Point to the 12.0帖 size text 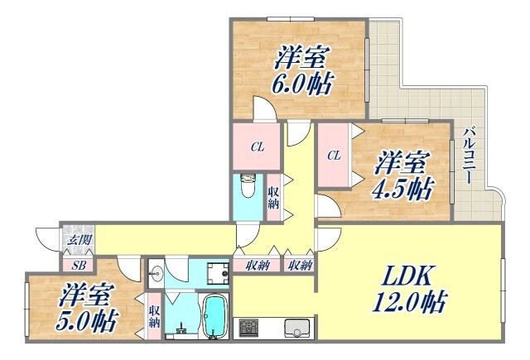[x=409, y=304]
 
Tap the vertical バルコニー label [x=468, y=155]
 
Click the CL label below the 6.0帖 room [x=258, y=147]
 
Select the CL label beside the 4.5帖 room [x=334, y=155]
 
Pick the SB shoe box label [x=79, y=265]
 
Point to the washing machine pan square [x=217, y=272]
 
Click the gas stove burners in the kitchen [x=249, y=329]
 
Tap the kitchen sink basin [x=296, y=328]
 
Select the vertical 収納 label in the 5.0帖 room [x=154, y=315]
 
